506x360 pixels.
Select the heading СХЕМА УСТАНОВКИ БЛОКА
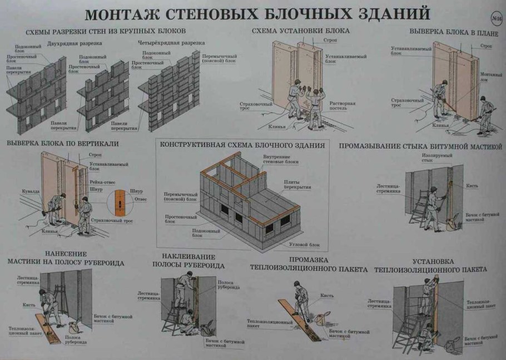point(300,31)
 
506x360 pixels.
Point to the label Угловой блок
point(304,244)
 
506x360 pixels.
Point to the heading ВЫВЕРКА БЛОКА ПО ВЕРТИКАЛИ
point(62,143)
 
